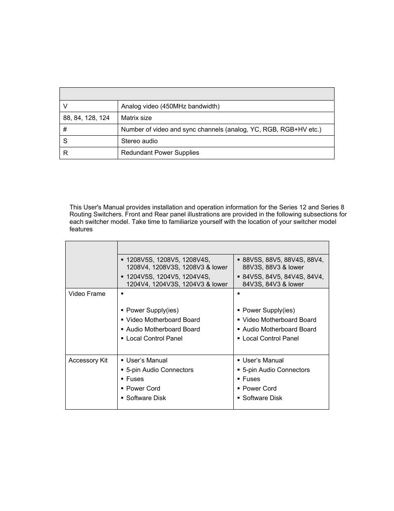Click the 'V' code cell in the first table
65,106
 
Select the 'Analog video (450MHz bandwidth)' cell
170,106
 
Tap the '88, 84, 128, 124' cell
86,118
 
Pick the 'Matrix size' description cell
136,118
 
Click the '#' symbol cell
65,130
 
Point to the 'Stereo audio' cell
139,141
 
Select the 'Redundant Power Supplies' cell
160,153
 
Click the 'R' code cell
65,153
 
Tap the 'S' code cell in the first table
65,141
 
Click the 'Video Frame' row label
87,294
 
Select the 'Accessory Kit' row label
88,360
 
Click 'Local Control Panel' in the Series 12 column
154,338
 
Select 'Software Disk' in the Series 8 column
262,398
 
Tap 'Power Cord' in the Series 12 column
143,389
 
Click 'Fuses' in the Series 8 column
251,379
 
